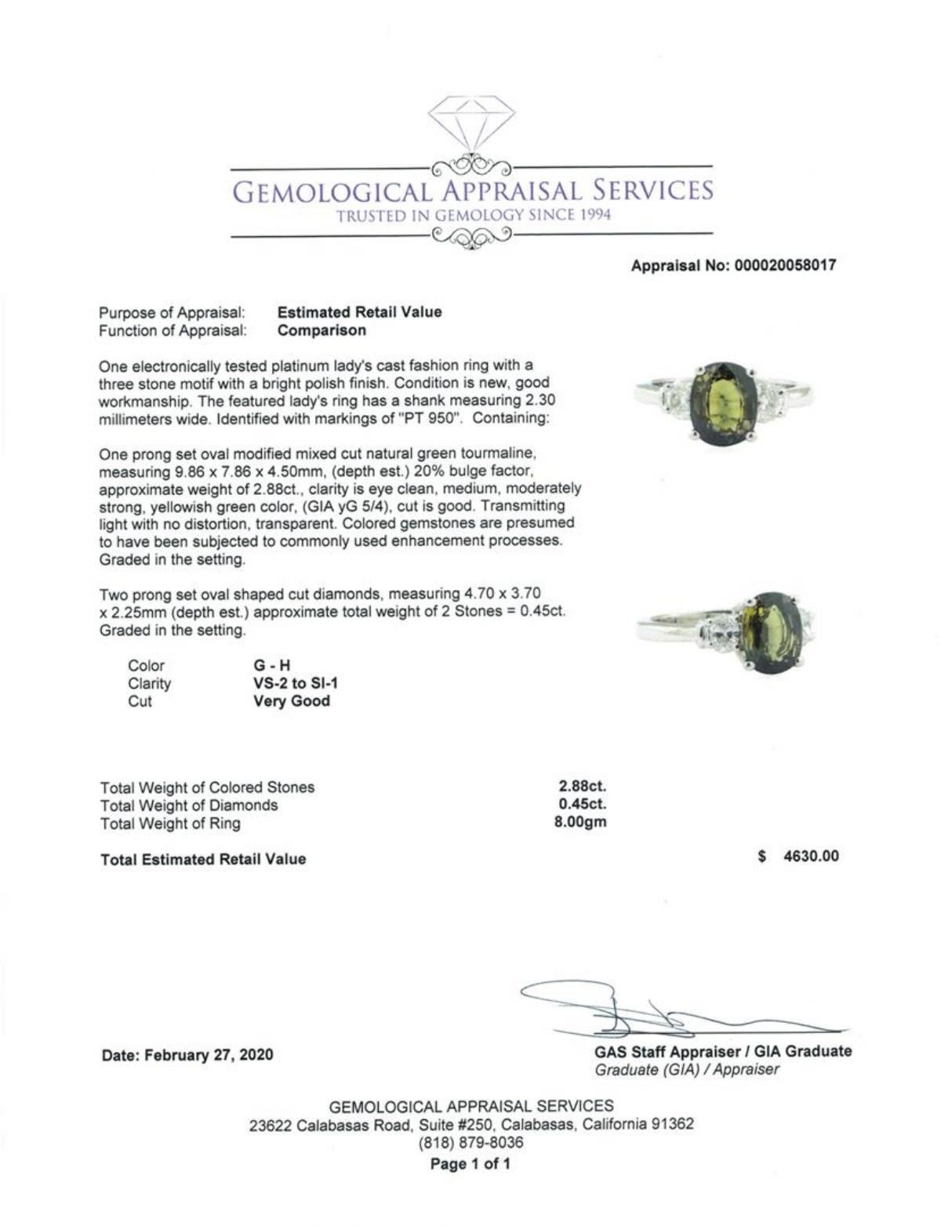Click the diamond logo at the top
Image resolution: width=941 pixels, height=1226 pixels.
[471, 122]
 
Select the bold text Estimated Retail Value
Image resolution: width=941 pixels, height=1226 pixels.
[360, 311]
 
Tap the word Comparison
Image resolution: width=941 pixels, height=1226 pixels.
[322, 330]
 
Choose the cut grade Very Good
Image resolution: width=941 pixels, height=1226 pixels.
[292, 701]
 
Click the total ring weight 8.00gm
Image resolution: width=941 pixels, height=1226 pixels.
[582, 823]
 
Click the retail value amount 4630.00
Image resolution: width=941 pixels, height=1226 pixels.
[811, 856]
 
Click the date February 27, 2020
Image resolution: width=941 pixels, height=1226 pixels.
[187, 1055]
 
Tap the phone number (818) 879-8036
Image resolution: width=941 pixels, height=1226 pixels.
[471, 1143]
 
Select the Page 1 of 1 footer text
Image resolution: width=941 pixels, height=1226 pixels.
[470, 1163]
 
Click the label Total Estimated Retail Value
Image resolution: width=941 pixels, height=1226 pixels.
[203, 859]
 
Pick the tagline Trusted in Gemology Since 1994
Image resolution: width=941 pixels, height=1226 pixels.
[473, 216]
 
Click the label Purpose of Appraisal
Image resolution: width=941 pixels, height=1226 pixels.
[172, 312]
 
